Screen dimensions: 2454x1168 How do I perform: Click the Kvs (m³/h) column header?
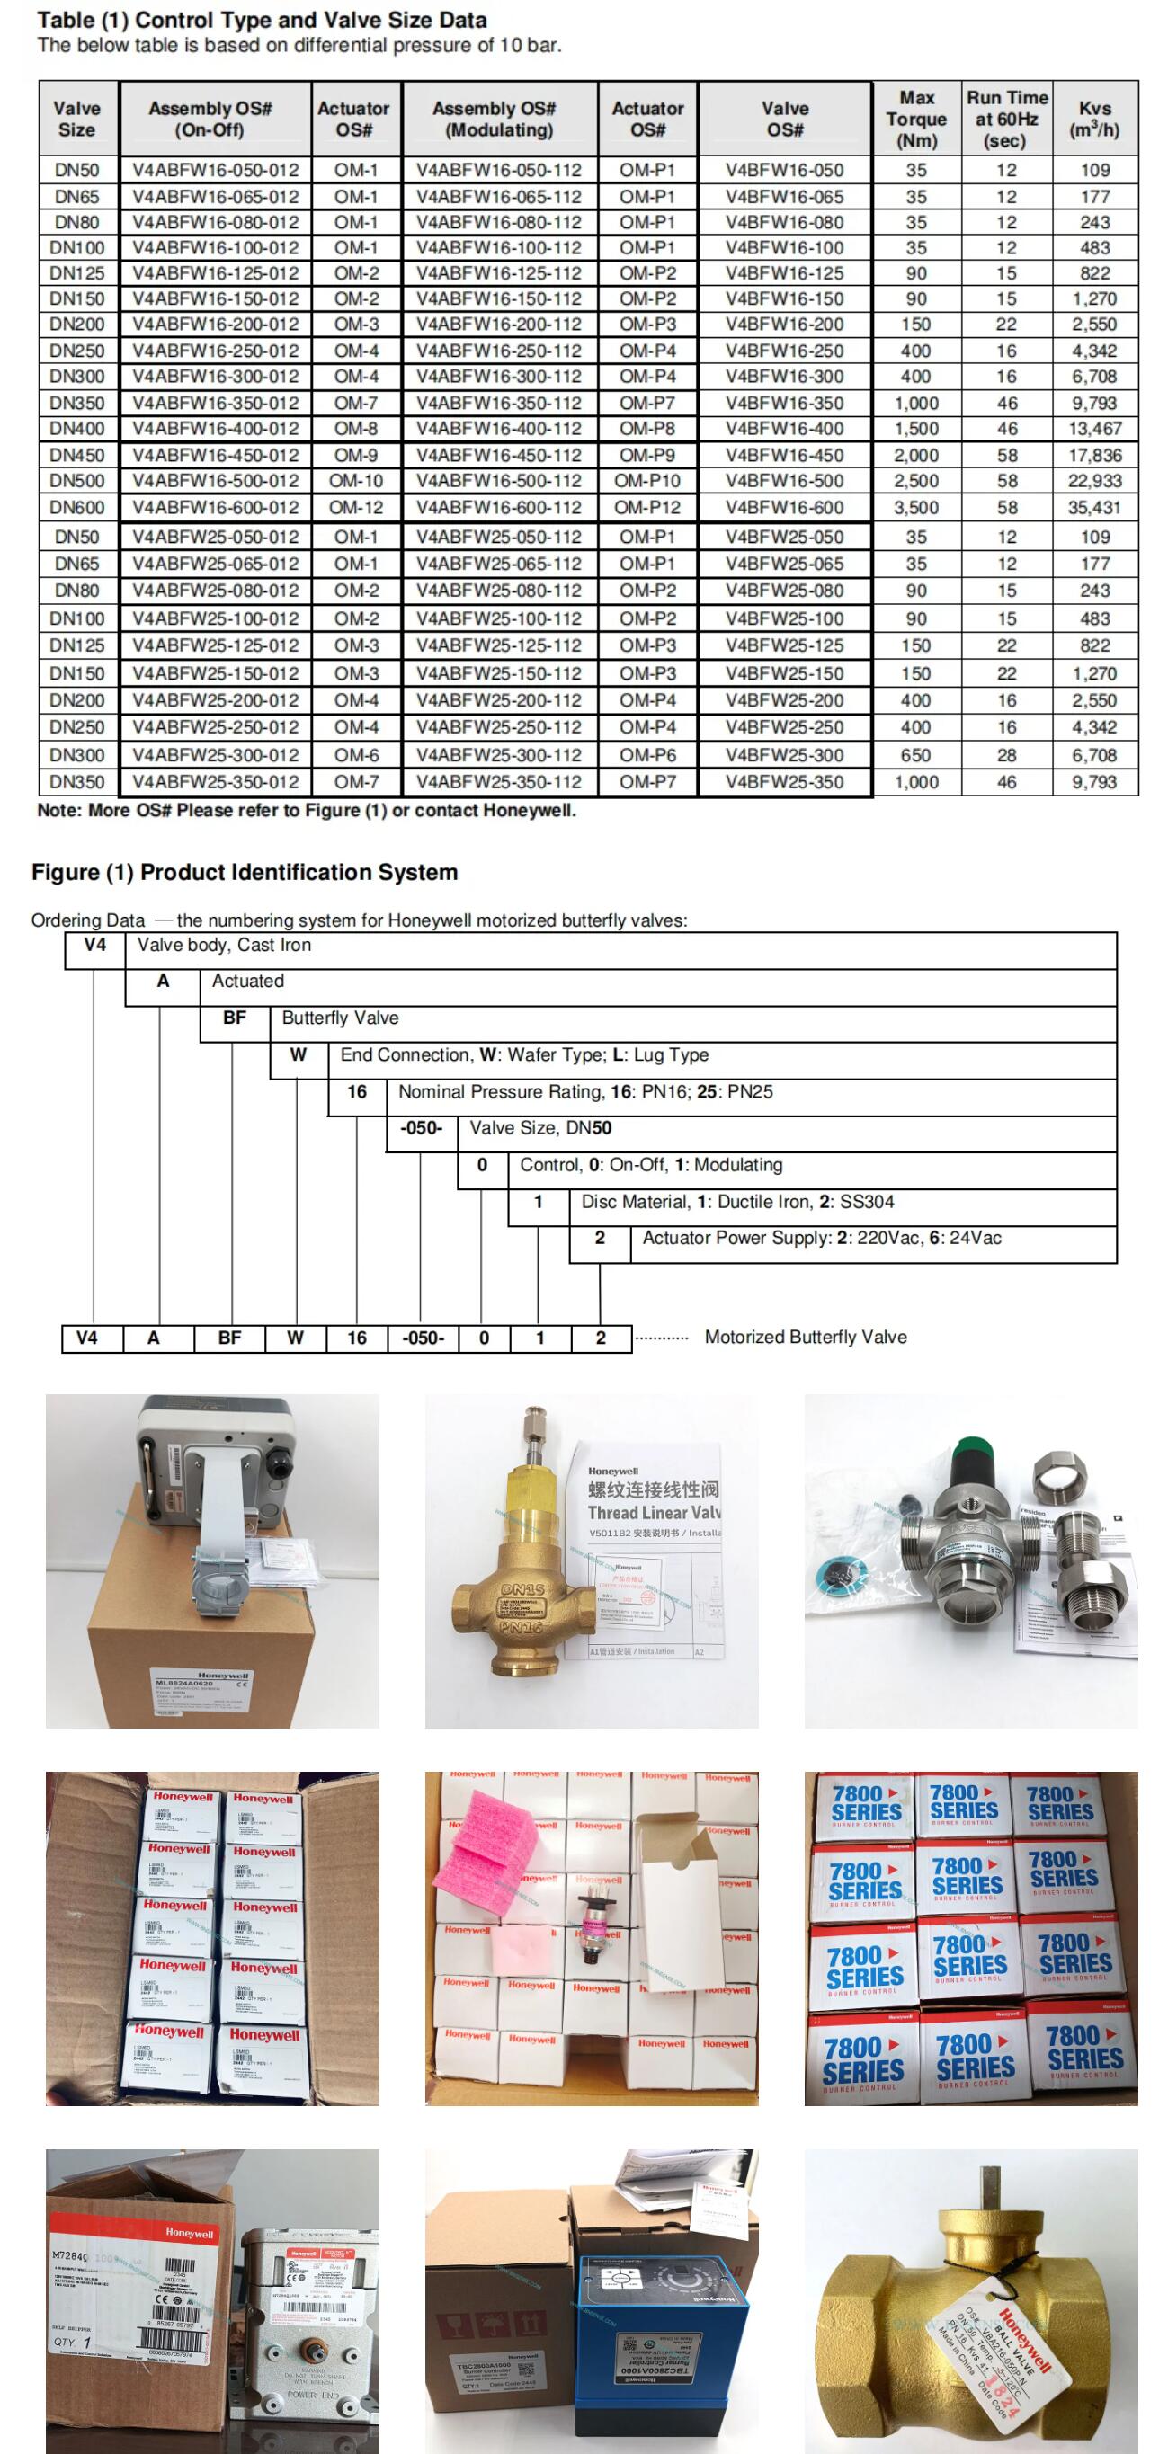[1093, 119]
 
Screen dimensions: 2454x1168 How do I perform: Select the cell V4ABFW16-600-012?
[215, 508]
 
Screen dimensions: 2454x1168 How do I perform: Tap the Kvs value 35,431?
[1093, 508]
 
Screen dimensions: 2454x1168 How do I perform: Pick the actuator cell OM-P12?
[646, 508]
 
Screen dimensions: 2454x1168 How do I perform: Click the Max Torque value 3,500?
[915, 508]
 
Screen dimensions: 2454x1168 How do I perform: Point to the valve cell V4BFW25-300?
[784, 755]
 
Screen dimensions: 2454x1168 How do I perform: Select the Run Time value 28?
[1006, 755]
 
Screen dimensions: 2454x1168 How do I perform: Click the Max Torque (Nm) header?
[915, 119]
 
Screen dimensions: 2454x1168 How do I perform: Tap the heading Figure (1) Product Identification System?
[245, 873]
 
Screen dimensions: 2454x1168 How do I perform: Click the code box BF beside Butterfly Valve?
[235, 1018]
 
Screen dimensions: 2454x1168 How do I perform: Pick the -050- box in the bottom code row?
[423, 1338]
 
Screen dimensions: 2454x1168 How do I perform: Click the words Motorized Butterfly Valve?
[805, 1338]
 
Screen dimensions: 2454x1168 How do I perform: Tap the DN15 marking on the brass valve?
[523, 1590]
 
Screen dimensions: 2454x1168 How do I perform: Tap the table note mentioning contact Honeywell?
[306, 812]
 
